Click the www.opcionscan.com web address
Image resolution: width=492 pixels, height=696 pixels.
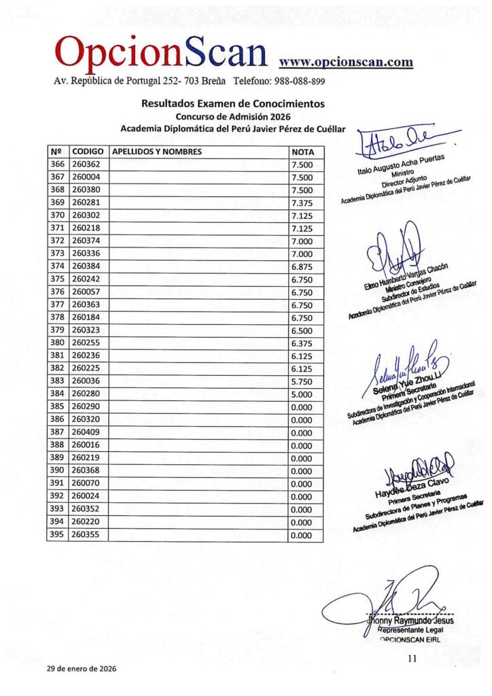(346, 62)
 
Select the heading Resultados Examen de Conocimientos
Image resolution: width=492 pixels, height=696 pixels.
(232, 104)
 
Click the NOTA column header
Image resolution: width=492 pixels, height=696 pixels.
(302, 152)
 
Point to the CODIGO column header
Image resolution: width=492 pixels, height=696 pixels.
(88, 152)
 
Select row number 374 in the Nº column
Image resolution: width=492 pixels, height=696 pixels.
(57, 266)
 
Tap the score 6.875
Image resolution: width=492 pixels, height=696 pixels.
(301, 266)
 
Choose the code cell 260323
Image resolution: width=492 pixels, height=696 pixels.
(86, 330)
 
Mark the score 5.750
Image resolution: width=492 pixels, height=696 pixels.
(301, 381)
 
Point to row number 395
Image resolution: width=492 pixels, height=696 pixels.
(57, 536)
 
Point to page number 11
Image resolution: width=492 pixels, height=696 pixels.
(412, 658)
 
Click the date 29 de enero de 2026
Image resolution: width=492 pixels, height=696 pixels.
(82, 669)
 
